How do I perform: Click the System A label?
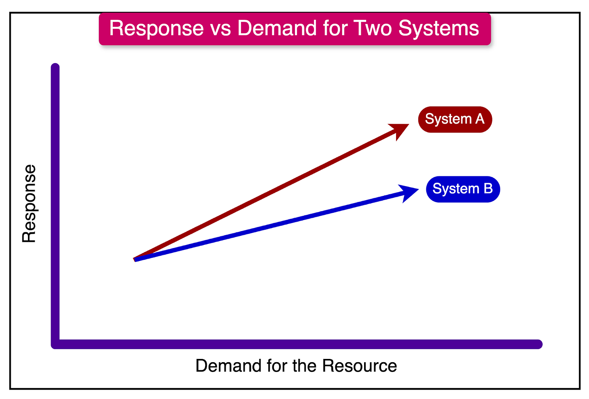[x=455, y=119]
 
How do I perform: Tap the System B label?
[x=463, y=189]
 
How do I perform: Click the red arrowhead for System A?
[x=400, y=130]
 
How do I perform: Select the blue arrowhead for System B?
[x=409, y=192]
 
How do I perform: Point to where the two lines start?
[x=136, y=259]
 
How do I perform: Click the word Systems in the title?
[x=439, y=28]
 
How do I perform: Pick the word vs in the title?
[x=220, y=28]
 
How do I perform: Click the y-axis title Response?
[x=29, y=204]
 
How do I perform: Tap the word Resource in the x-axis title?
[x=360, y=366]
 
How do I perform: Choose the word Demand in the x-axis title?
[x=229, y=366]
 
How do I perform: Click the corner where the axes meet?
[x=56, y=344]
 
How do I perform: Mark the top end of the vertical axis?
[x=55, y=67]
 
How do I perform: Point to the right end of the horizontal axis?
[x=538, y=344]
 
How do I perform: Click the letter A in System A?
[x=480, y=119]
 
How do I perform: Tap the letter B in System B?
[x=488, y=189]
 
